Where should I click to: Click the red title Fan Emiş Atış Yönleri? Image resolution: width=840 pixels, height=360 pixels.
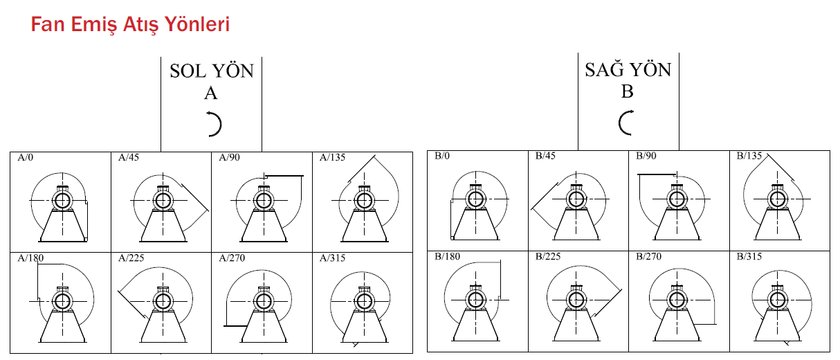point(130,25)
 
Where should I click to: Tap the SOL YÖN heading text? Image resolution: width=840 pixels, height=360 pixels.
point(212,71)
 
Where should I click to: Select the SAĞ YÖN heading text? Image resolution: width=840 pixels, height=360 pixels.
point(628,69)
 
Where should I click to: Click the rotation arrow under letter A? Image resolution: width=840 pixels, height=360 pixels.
point(216,124)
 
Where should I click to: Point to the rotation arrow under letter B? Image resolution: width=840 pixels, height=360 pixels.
point(625,123)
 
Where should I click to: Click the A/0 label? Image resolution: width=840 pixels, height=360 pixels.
point(26,157)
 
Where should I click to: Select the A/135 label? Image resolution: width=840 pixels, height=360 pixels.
point(332,157)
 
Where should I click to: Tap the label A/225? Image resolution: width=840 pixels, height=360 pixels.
point(131,258)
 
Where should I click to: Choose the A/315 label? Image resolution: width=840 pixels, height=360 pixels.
point(332,258)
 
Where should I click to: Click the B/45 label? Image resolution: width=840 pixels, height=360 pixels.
point(545,156)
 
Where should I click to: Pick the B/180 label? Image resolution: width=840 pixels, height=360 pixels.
point(448,256)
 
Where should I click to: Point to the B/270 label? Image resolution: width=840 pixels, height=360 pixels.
point(649,256)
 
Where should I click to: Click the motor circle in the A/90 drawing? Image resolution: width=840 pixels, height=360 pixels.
point(264,201)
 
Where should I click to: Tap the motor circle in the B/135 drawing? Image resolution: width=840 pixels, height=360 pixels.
point(777,199)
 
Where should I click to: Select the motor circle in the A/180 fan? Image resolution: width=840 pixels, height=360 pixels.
point(62,301)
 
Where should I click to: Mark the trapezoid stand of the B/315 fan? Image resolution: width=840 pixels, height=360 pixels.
point(777,325)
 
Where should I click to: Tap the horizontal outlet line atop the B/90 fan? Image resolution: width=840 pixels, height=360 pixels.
point(657,174)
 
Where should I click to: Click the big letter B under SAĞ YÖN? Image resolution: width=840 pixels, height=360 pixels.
point(628,91)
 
